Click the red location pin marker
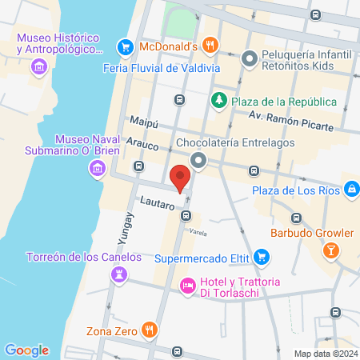tap(180, 178)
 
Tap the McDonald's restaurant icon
tap(210, 46)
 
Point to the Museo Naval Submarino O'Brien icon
tap(97, 168)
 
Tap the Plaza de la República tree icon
tap(218, 100)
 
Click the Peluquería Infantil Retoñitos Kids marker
tap(250, 58)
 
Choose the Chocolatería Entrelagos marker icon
tap(198, 162)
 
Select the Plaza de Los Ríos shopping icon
tap(351, 189)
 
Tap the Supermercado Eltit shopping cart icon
tap(261, 258)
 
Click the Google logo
tap(27, 350)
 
